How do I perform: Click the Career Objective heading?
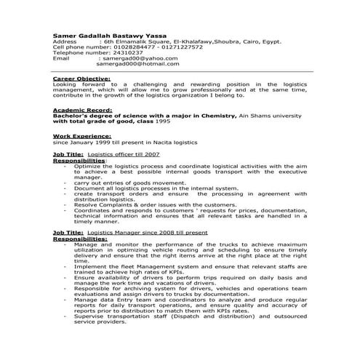click(82, 79)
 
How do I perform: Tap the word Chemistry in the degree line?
click(215, 115)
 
